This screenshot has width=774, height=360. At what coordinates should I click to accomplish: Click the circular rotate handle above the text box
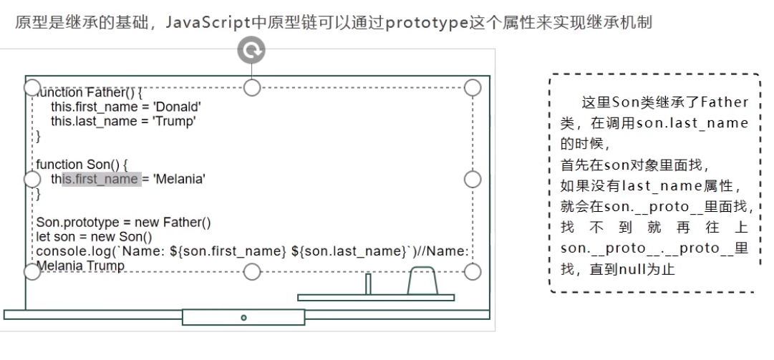point(251,49)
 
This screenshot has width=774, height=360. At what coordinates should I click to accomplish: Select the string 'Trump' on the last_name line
point(179,121)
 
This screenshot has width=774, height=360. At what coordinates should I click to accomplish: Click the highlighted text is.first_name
point(100,179)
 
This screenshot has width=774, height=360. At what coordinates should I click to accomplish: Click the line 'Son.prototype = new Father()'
point(123,223)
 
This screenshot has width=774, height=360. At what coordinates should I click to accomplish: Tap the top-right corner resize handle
point(473,87)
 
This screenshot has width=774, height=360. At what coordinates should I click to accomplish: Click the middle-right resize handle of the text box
point(473,179)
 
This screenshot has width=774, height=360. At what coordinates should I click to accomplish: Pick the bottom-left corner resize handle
point(32,271)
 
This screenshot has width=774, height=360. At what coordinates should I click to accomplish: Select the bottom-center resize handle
point(252,271)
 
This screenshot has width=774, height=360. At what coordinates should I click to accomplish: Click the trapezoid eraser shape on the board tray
point(422,281)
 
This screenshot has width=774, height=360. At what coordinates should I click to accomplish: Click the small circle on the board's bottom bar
point(243,317)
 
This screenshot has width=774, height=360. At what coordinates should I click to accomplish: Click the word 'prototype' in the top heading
point(417,22)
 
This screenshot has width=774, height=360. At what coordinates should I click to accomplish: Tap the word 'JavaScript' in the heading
point(203,22)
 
